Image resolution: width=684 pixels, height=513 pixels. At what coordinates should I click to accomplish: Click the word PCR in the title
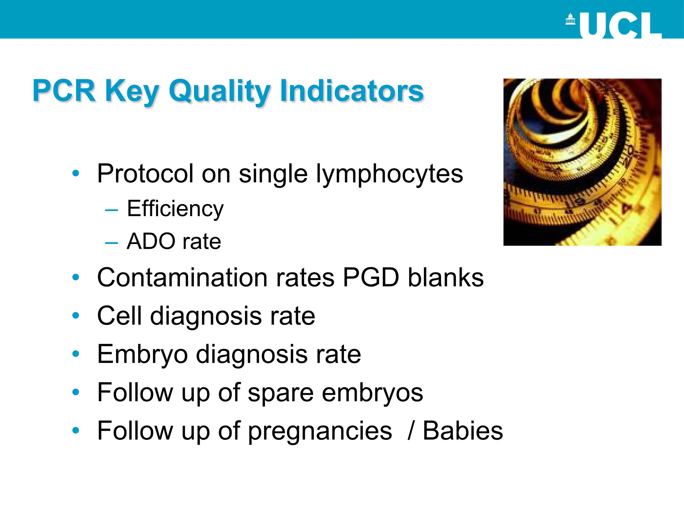coord(64,91)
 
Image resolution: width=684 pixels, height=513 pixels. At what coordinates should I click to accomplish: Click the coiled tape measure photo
coord(582,162)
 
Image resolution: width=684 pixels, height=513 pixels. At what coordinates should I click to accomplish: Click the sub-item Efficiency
coord(175,209)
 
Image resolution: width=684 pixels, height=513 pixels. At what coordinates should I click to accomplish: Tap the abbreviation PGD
coord(371,278)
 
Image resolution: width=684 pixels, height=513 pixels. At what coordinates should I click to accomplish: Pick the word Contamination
coord(182,278)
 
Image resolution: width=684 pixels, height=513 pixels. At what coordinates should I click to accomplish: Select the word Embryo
coord(142,355)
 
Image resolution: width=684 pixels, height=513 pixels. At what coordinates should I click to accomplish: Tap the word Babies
coord(463,431)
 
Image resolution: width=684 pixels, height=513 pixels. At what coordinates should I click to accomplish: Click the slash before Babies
coord(411,431)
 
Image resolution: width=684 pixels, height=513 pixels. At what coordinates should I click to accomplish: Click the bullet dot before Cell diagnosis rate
coord(76,315)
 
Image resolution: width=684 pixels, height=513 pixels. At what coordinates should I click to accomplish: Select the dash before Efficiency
coord(111,210)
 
